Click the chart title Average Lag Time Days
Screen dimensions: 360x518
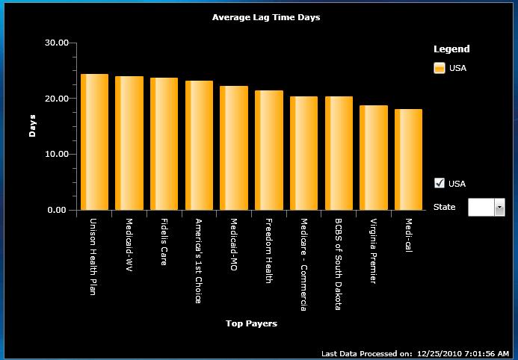pyautogui.click(x=266, y=17)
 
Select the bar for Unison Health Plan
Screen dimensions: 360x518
pyautogui.click(x=94, y=142)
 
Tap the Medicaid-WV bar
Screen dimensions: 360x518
pyautogui.click(x=129, y=143)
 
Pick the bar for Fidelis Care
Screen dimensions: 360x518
pyautogui.click(x=164, y=144)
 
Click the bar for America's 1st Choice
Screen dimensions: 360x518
pyautogui.click(x=199, y=146)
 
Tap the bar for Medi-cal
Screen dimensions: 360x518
pyautogui.click(x=408, y=160)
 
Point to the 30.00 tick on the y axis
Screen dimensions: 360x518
pyautogui.click(x=57, y=43)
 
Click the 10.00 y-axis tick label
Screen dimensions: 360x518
pyautogui.click(x=57, y=155)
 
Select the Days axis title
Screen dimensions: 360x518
pyautogui.click(x=32, y=126)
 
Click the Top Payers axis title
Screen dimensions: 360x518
pyautogui.click(x=251, y=323)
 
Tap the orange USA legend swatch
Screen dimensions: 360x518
pyautogui.click(x=440, y=69)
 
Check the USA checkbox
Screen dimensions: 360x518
pyautogui.click(x=440, y=183)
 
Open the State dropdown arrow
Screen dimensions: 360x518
pyautogui.click(x=499, y=207)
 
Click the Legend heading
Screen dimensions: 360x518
pyautogui.click(x=451, y=49)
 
